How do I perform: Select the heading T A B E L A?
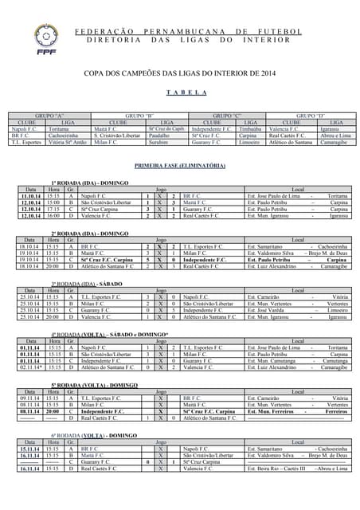(x=180, y=92)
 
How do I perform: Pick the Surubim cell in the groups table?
(x=159, y=142)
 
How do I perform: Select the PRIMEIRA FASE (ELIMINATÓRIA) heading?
(x=180, y=166)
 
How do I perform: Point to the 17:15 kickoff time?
(x=53, y=209)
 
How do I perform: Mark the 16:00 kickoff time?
(x=53, y=215)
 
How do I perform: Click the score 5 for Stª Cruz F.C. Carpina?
(x=149, y=260)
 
